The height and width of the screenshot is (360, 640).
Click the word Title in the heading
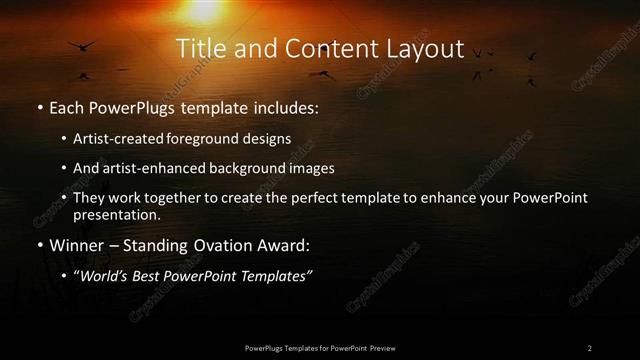[x=198, y=49]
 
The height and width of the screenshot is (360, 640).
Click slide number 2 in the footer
[x=589, y=347]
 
